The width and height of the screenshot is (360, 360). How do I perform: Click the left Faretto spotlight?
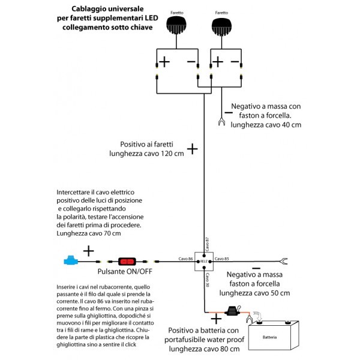coord(176,26)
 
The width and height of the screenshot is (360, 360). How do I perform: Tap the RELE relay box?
coord(204,262)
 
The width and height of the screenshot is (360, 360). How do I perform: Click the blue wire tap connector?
coord(72,261)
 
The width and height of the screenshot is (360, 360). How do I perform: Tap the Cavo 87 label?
coord(206,242)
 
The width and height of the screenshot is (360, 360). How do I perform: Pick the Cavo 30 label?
coord(207,280)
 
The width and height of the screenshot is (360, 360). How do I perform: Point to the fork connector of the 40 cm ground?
coord(221,124)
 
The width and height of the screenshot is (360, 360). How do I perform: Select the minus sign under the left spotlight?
coord(190,62)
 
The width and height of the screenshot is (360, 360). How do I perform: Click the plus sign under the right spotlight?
coord(218,62)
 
